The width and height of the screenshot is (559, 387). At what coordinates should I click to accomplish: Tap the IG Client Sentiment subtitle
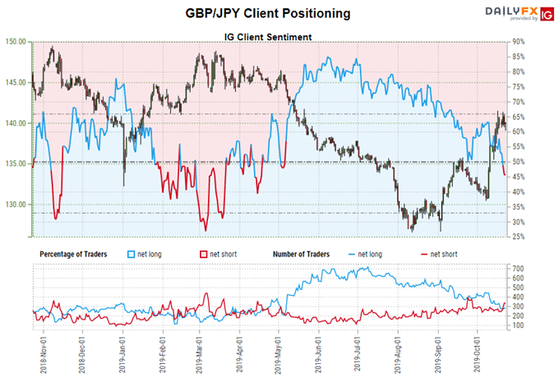pyautogui.click(x=268, y=37)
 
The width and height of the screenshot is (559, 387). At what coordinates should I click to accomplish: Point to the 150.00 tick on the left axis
pyautogui.click(x=16, y=41)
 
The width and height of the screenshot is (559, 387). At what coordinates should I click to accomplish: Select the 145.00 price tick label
pyautogui.click(x=16, y=82)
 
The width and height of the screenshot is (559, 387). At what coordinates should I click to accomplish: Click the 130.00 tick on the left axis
pyautogui.click(x=16, y=204)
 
